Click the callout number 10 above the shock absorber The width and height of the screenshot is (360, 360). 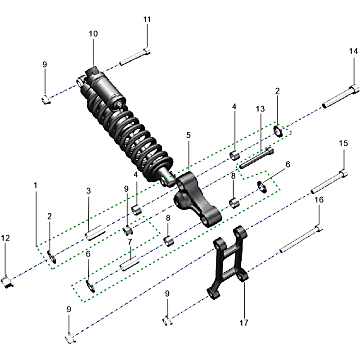[93, 34]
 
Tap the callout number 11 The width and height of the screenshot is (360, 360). [147, 19]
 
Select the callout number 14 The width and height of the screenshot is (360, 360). [353, 51]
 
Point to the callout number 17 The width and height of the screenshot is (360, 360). [244, 323]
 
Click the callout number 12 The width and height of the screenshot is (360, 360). [5, 238]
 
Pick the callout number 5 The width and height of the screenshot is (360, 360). [188, 135]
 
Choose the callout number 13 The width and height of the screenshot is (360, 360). [260, 108]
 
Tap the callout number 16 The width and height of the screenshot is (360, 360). [319, 200]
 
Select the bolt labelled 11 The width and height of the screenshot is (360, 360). [135, 57]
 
